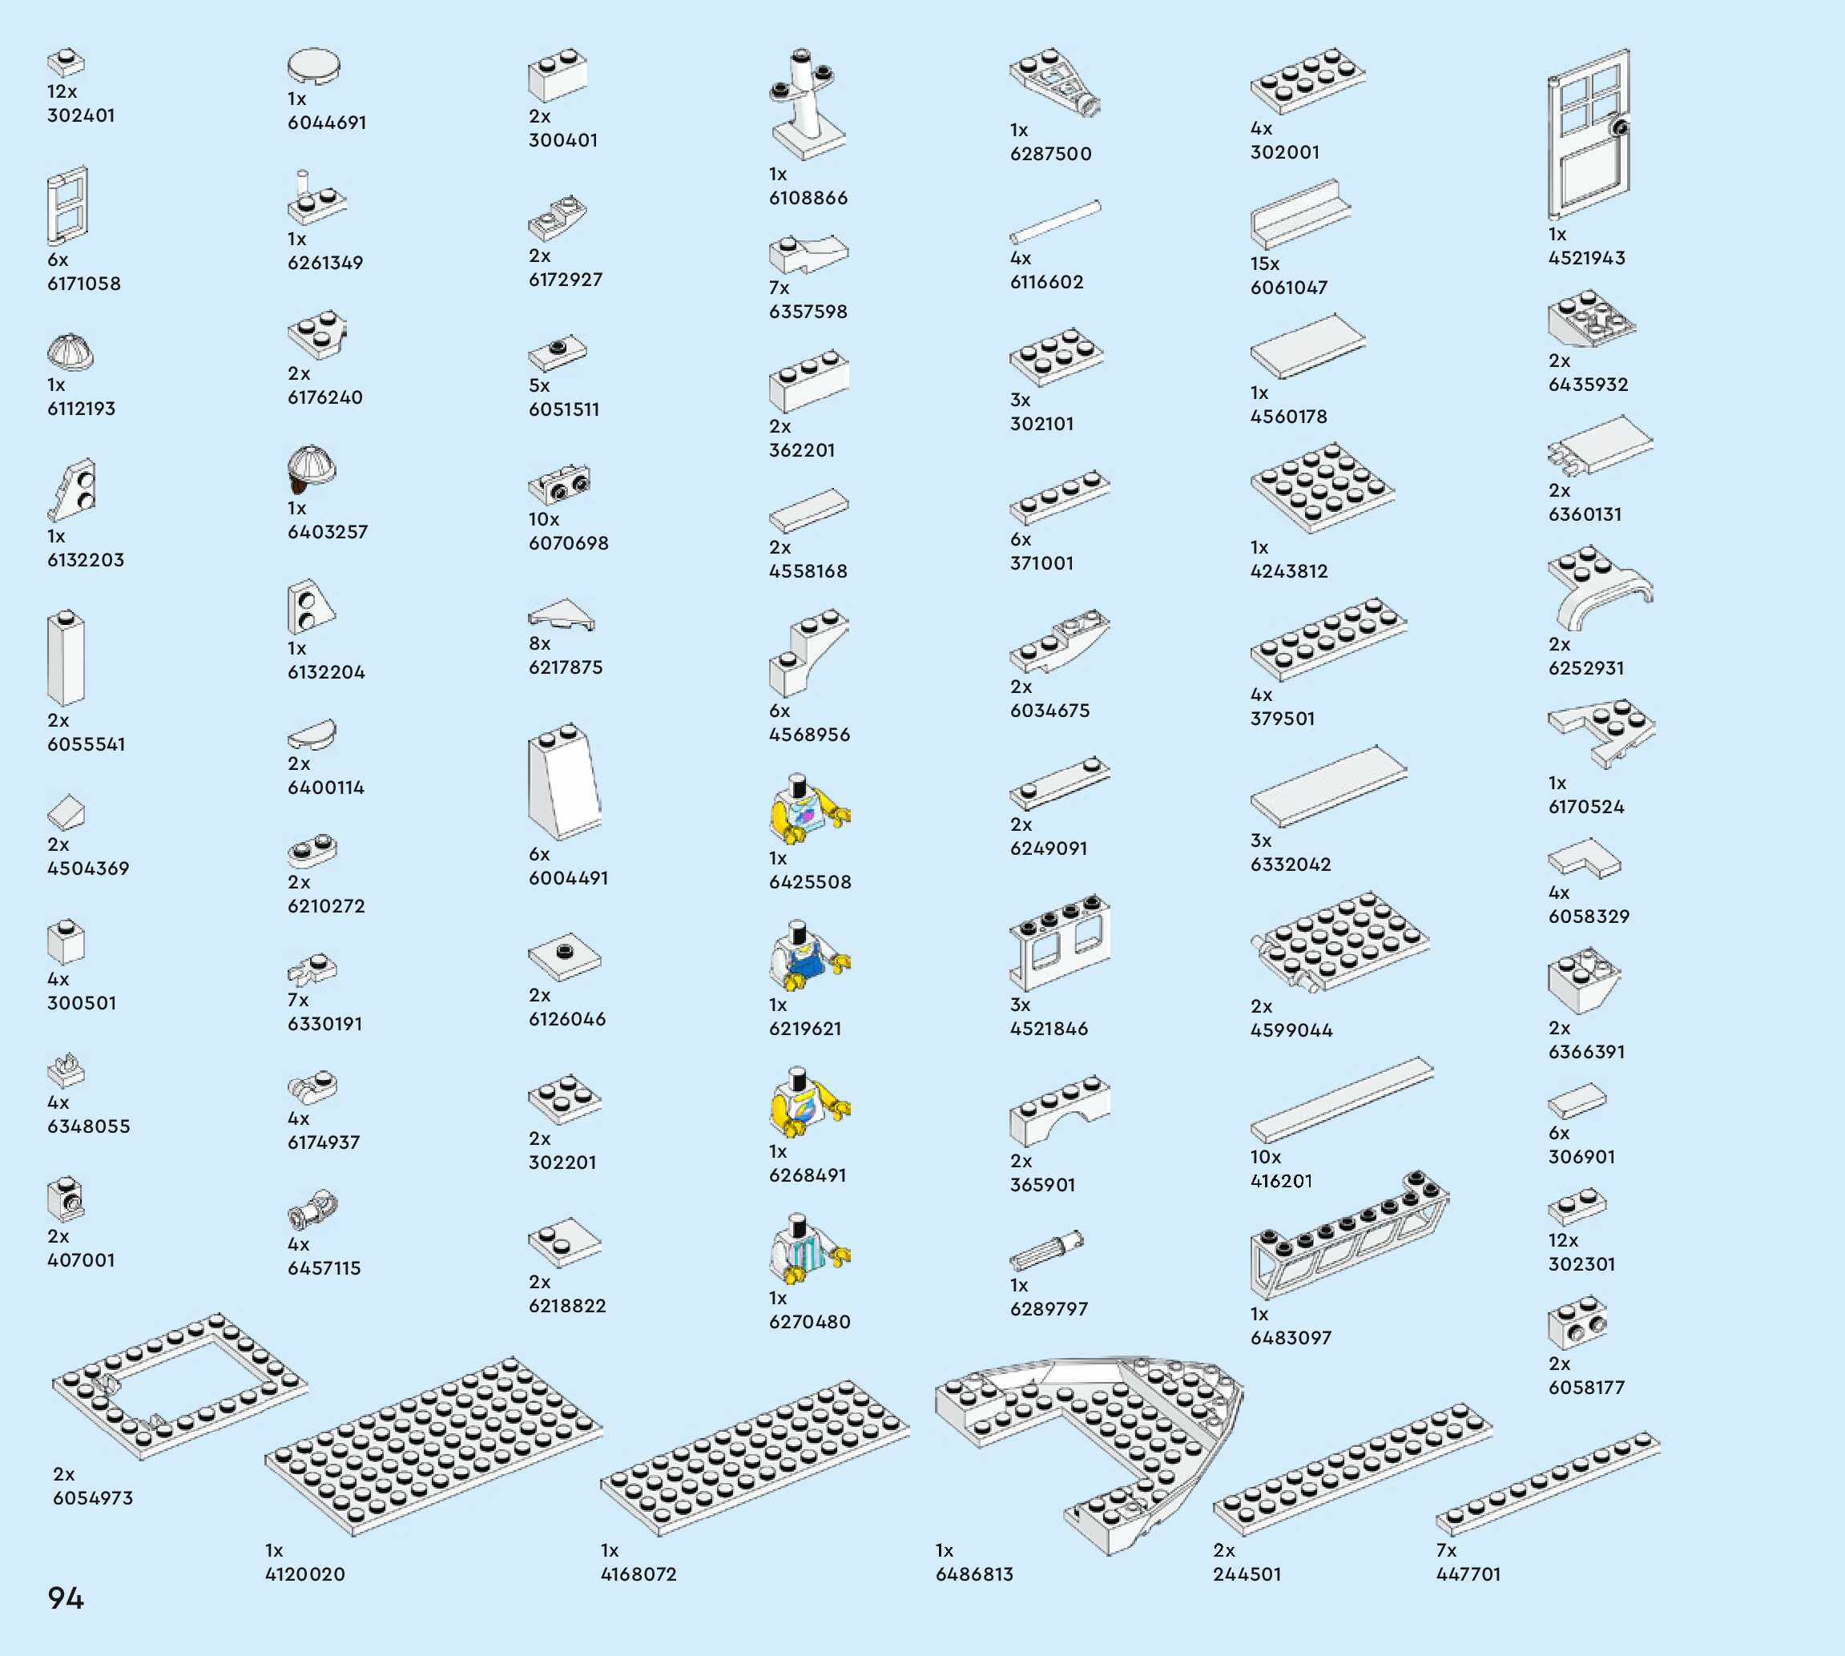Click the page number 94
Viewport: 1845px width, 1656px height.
[66, 1598]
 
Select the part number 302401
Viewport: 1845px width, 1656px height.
[81, 115]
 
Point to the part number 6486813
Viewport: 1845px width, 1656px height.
[973, 1574]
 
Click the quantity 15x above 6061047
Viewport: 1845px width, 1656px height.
[1264, 264]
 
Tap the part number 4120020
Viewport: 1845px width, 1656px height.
[304, 1574]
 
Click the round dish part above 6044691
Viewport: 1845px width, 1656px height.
[314, 66]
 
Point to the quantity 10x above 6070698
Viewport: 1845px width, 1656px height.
[544, 519]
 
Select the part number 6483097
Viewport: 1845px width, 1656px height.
[1290, 1338]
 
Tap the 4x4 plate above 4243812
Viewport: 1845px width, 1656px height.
[1322, 488]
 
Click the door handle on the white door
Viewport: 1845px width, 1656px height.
[1619, 128]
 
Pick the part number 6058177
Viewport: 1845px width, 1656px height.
[1585, 1388]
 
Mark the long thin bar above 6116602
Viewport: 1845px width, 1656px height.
[1055, 221]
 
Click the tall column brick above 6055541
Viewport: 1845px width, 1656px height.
[66, 659]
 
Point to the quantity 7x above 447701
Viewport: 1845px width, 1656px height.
[1447, 1550]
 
